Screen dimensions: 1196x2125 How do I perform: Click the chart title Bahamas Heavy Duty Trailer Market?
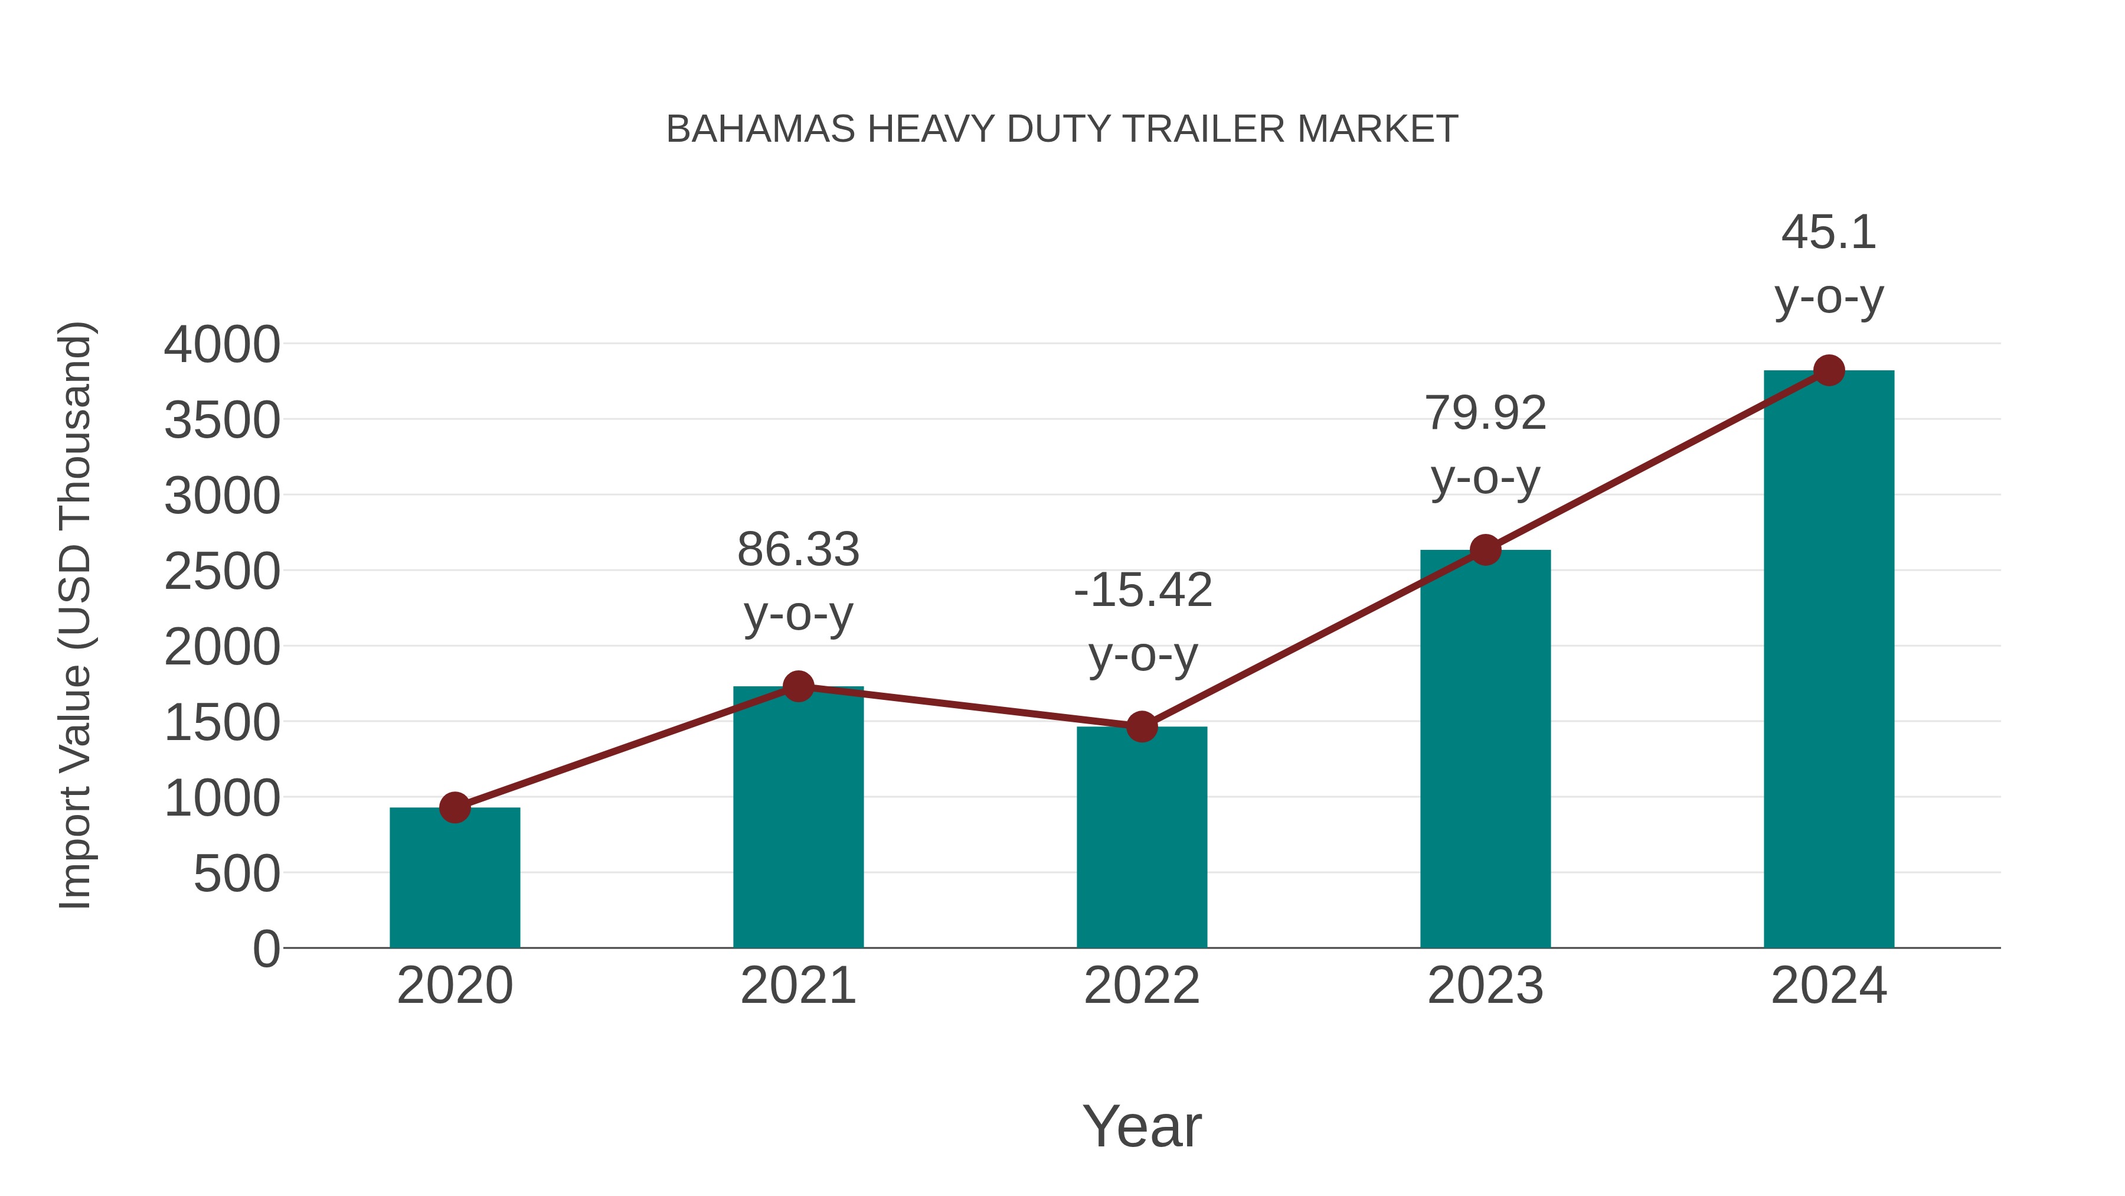[1062, 129]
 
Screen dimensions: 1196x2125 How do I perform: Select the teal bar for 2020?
[455, 879]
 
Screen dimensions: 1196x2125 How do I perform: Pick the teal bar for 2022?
[1142, 837]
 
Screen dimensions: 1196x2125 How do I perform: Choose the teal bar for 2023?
[1485, 751]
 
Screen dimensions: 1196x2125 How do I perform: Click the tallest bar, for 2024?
[1829, 660]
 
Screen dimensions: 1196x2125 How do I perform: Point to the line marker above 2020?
[455, 807]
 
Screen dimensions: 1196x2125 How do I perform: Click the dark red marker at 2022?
[1142, 726]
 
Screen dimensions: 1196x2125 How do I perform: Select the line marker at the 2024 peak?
[1829, 370]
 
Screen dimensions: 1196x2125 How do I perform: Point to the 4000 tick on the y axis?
[222, 345]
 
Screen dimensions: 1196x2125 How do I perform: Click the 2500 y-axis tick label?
[222, 572]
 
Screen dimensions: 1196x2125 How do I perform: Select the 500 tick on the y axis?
[237, 874]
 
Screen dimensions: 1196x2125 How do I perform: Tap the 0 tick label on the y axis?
[266, 949]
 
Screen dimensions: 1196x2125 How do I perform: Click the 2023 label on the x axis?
[1485, 986]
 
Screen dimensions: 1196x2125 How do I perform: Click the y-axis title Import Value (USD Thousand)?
[74, 615]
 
